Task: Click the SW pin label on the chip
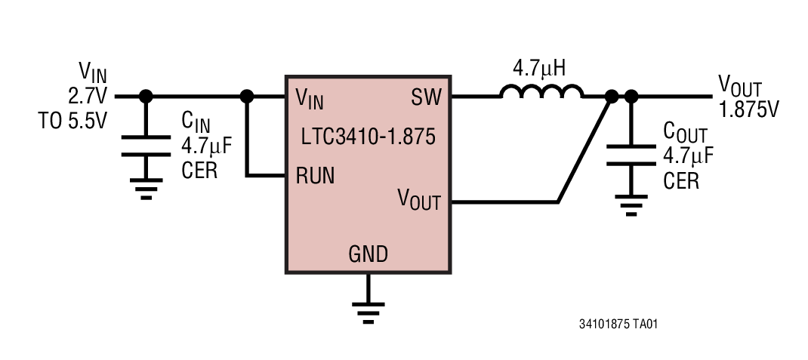coord(426,97)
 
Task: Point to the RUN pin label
coord(316,177)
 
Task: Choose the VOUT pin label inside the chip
coord(419,201)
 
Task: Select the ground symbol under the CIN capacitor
coord(146,188)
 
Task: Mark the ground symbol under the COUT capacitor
coord(631,205)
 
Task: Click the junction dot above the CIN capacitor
coord(146,97)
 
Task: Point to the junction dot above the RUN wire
coord(246,97)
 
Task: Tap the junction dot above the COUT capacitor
coord(631,97)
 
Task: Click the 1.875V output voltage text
coord(748,109)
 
